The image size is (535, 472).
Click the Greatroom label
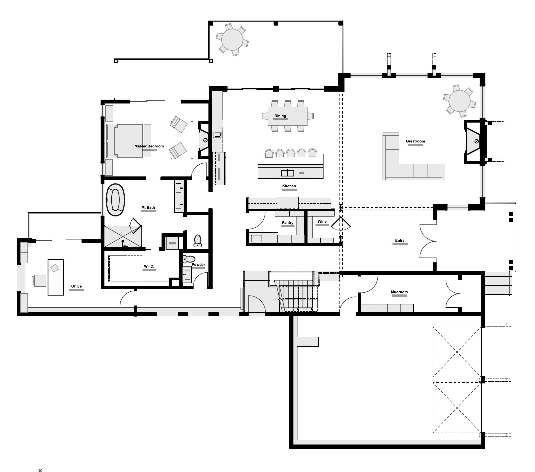click(415, 141)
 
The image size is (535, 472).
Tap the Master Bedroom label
click(149, 146)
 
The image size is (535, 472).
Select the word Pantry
click(287, 223)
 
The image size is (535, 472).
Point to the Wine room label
click(322, 221)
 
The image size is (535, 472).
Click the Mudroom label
click(399, 292)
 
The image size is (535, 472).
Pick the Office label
click(76, 286)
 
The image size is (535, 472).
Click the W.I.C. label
click(149, 266)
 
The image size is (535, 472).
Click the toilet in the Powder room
click(189, 259)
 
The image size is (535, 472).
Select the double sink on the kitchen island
click(287, 173)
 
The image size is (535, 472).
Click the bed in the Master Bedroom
click(125, 141)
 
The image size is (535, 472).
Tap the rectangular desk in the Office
click(56, 277)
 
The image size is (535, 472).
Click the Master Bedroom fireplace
click(204, 140)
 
